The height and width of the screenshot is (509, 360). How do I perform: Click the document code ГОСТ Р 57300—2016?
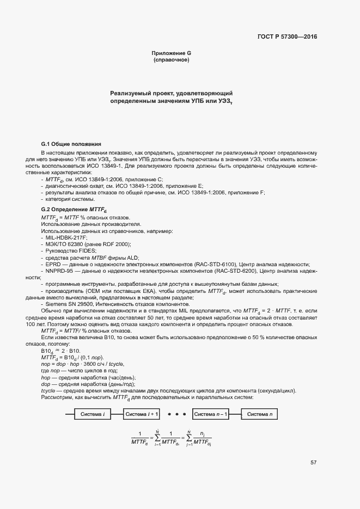point(286,37)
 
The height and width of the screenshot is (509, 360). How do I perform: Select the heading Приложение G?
point(171,53)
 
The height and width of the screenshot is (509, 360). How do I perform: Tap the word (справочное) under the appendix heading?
point(171,59)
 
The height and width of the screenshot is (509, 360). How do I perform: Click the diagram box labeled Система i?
point(93,414)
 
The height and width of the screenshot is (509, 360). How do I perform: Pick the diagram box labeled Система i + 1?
point(142,414)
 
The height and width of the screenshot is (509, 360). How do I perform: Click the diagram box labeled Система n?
point(260,414)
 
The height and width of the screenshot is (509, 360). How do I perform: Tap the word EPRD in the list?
point(53,263)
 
